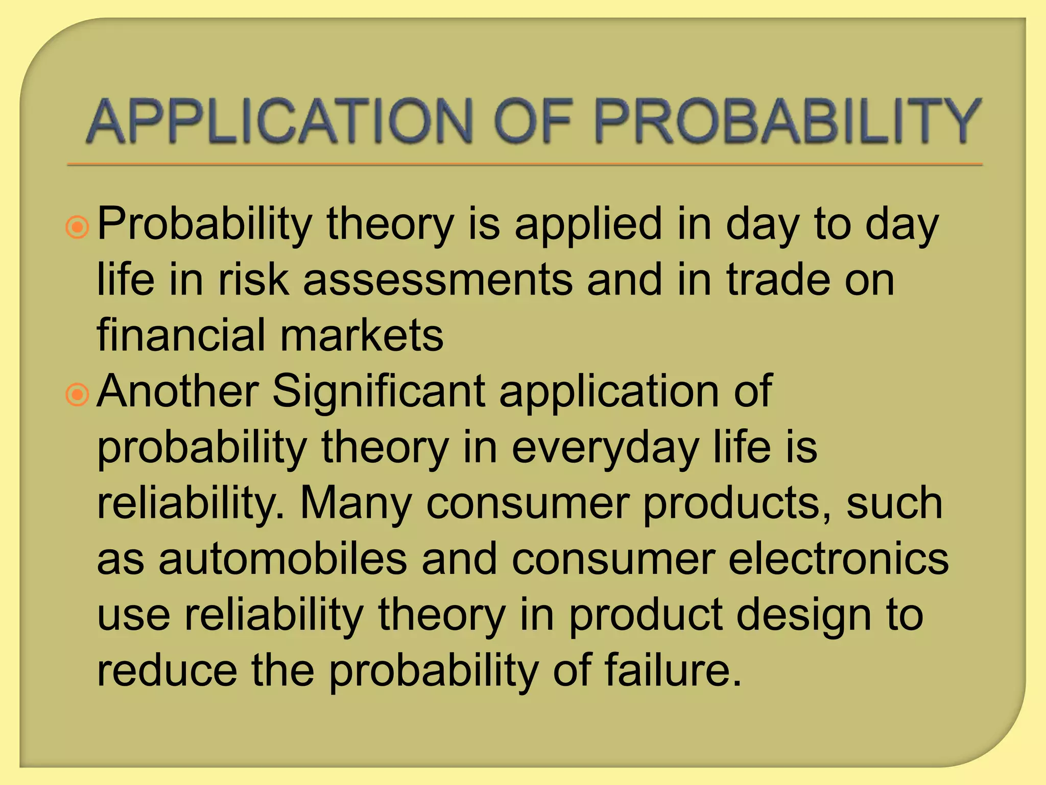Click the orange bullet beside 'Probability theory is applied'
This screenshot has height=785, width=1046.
coord(78,227)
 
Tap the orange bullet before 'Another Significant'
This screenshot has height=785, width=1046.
coord(78,395)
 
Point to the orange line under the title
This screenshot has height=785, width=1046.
coord(524,165)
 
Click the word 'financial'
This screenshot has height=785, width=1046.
coord(181,335)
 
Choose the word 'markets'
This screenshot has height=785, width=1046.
coord(362,335)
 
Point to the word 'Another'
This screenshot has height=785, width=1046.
coord(178,391)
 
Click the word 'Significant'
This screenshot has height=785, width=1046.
coord(378,392)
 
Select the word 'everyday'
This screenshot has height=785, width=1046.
coord(605,449)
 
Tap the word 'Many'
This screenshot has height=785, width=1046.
coord(355,505)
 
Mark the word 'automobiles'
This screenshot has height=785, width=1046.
coord(282,559)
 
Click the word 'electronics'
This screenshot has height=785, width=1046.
coord(838,559)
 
